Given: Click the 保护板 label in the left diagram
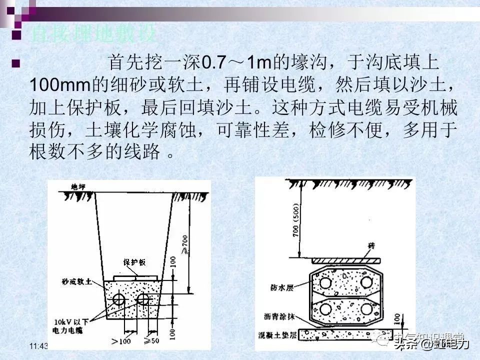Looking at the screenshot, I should point(135,262).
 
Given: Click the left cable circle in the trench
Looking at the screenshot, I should point(119,299).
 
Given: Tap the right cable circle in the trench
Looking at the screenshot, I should point(143,299).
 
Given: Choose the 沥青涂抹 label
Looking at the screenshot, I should point(280,316).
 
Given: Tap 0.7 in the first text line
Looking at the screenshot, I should point(213,63).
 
